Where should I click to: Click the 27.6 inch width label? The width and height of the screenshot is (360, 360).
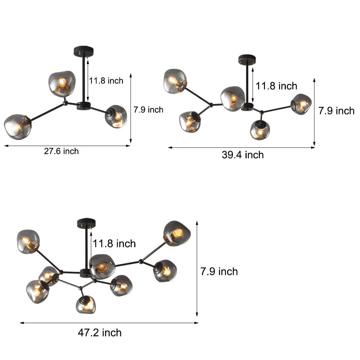[61, 151]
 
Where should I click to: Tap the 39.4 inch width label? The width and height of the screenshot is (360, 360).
[243, 155]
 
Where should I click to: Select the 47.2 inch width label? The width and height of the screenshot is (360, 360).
[100, 333]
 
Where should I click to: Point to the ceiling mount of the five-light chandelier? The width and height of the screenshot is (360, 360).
[247, 58]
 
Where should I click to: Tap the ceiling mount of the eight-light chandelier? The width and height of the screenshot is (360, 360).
[86, 222]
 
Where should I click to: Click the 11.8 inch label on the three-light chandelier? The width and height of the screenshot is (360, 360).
[106, 81]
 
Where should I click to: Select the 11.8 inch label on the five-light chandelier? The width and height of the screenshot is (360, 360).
[276, 86]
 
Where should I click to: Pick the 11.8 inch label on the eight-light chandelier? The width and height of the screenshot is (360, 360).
[114, 244]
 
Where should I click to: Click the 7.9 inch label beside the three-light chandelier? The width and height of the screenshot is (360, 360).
[148, 110]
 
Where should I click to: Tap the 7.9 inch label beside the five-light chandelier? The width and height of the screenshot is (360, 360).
[336, 111]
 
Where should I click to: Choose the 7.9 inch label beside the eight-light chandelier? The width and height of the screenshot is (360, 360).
[219, 271]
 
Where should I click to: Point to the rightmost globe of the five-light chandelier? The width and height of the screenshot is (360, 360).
[301, 104]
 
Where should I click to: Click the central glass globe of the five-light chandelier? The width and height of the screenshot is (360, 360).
[233, 98]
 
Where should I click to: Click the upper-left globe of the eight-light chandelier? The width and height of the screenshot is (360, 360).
[28, 241]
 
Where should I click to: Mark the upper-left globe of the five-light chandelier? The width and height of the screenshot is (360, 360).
[175, 81]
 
